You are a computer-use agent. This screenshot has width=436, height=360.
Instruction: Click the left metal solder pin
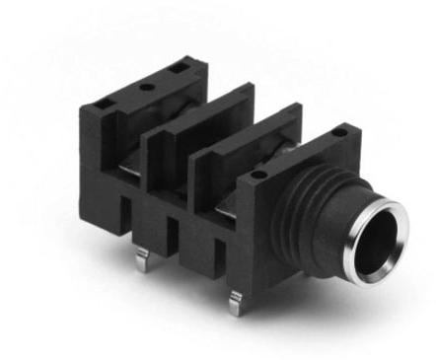pyautogui.click(x=142, y=258)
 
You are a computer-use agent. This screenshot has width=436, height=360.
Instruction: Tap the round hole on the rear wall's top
pyautogui.click(x=147, y=87)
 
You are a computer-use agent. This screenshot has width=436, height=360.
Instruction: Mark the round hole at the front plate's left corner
pyautogui.click(x=258, y=175)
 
